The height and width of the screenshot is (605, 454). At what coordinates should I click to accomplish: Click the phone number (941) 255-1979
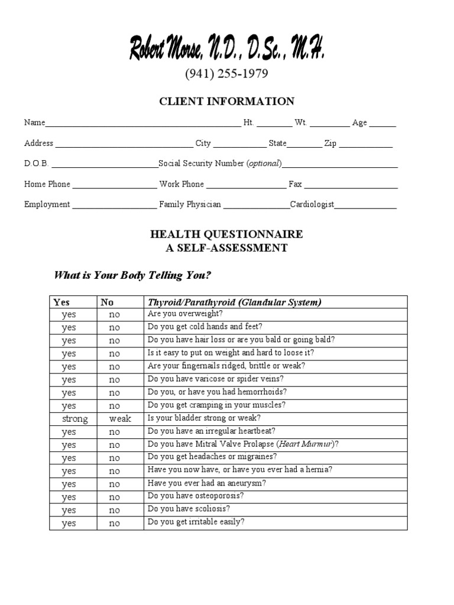coord(226,74)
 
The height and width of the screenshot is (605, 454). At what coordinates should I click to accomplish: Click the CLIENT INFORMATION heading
coord(226,102)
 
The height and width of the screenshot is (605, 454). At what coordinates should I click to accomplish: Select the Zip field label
coord(330,144)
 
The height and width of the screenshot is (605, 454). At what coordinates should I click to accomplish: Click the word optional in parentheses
coord(264,164)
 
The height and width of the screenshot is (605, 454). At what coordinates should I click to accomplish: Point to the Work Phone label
coord(181,184)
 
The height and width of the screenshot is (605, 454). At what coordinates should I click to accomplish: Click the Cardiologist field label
coord(312,204)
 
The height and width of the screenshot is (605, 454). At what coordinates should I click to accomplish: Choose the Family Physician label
coord(190,204)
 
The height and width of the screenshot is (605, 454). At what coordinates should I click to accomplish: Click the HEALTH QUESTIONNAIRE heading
coord(226,235)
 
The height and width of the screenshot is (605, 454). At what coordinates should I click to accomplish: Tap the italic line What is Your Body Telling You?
coord(132,275)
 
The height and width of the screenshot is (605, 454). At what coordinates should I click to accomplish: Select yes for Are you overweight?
coord(69,315)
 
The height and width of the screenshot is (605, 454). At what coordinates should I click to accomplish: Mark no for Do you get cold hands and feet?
coord(114,328)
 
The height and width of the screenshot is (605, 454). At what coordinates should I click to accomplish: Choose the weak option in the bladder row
coord(120,419)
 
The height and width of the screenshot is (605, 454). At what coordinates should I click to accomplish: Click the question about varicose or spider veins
coord(215,379)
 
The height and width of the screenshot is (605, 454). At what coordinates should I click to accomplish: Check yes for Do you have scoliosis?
coord(69,510)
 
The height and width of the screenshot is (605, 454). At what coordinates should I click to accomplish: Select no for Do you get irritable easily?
coord(114,523)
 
